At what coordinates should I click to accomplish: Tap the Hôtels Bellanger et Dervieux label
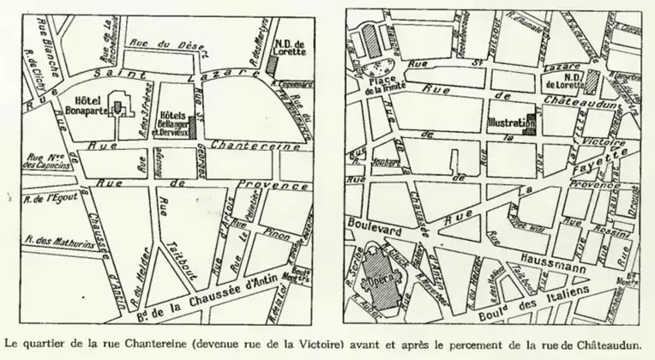pyautogui.click(x=175, y=125)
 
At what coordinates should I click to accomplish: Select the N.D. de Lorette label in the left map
pyautogui.click(x=290, y=47)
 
